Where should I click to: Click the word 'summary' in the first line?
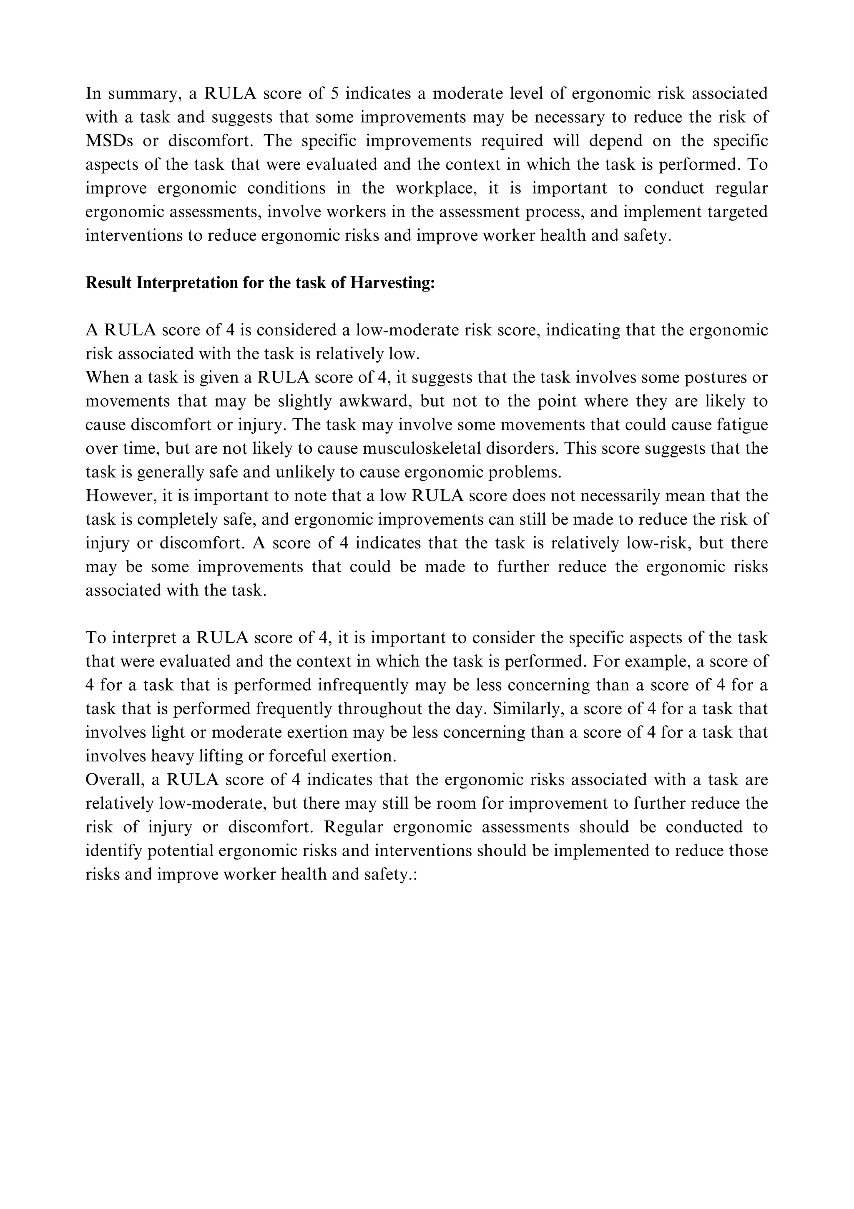pyautogui.click(x=141, y=94)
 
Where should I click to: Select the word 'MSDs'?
pyautogui.click(x=109, y=141)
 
